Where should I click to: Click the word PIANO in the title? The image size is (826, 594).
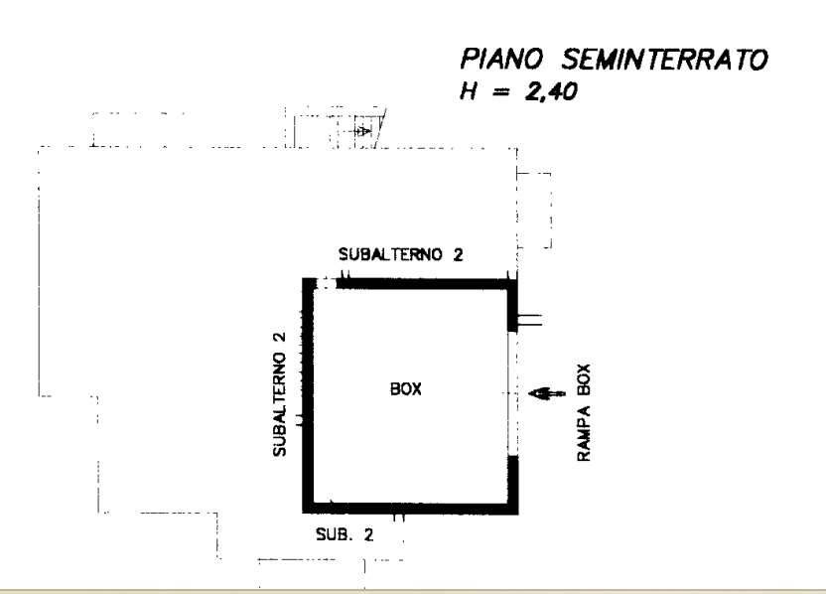(x=501, y=59)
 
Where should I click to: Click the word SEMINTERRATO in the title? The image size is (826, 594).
(x=665, y=59)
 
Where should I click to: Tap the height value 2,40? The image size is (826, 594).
(x=551, y=91)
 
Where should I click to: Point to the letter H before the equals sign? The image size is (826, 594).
(x=469, y=91)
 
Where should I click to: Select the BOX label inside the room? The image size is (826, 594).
(x=406, y=389)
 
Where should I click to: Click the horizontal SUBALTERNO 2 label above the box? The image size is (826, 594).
(x=400, y=254)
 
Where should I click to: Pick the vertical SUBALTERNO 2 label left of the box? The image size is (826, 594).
(x=279, y=394)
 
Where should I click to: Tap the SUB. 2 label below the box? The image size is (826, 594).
(x=344, y=535)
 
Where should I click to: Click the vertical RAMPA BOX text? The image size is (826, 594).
(x=584, y=412)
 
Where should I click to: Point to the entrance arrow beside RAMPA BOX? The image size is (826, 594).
(x=547, y=393)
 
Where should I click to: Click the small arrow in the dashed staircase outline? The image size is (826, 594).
(x=362, y=131)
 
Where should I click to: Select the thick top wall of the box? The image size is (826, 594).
(x=426, y=284)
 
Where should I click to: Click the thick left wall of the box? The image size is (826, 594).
(x=309, y=394)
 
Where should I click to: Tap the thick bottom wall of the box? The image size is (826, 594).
(x=410, y=509)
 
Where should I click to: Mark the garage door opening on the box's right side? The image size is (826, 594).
(x=512, y=393)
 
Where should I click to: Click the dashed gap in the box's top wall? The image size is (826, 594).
(x=326, y=283)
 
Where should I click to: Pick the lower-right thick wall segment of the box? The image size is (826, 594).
(x=513, y=485)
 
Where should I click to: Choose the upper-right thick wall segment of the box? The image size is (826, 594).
(x=512, y=305)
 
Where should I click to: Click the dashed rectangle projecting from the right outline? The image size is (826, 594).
(x=534, y=210)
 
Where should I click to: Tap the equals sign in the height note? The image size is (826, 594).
(x=501, y=92)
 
